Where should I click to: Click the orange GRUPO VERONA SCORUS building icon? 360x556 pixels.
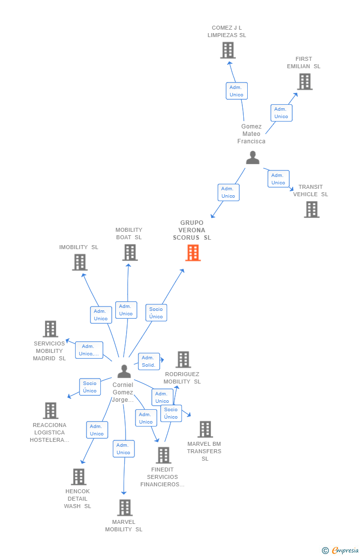point(193,253)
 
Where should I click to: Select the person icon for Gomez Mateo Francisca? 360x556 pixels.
point(253,158)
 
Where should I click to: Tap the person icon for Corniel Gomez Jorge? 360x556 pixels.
point(124,371)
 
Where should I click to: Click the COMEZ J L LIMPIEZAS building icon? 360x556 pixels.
point(228,50)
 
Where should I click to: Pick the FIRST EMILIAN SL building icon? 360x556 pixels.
point(305,82)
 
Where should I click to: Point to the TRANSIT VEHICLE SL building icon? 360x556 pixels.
point(312,210)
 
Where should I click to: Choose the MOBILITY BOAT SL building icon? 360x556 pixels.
point(130,253)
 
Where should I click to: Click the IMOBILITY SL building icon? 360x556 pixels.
point(80,262)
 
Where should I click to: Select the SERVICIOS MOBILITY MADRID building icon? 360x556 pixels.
point(50,329)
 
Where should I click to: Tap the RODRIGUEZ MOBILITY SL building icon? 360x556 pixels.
point(183,360)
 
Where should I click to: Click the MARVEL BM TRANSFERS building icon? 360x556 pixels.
point(205,429)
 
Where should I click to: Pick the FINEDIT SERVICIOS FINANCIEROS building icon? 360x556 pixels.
point(163,455)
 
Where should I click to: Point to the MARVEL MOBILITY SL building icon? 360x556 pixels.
point(125,508)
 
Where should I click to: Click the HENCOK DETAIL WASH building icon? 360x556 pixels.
point(79,477)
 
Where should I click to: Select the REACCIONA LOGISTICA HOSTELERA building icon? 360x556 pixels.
point(50,411)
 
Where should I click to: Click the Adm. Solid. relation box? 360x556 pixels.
point(149,361)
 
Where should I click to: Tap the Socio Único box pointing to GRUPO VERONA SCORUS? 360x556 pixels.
point(156,313)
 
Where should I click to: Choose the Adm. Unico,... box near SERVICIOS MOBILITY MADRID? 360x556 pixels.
point(89,350)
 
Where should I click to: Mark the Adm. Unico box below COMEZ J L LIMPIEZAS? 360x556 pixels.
point(236,91)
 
